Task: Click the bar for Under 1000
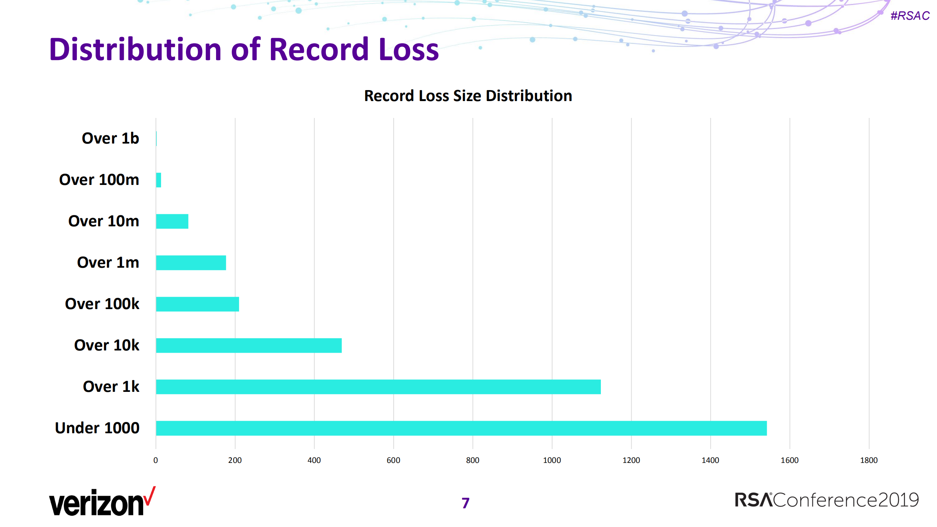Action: coord(461,428)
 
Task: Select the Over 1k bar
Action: coord(378,387)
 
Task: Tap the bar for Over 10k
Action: coord(249,345)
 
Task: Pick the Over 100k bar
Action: coord(197,304)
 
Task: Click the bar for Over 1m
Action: coord(191,263)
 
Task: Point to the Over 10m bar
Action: coord(172,221)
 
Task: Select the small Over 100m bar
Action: coord(159,180)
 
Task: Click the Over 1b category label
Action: coord(110,138)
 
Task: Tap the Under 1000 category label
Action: coord(97,428)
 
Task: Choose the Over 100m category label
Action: coord(99,180)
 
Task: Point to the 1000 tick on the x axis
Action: coord(552,460)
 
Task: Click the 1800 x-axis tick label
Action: coord(869,460)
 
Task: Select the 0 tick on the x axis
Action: coord(156,460)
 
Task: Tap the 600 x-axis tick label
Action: coord(393,460)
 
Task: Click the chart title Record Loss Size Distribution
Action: coord(468,96)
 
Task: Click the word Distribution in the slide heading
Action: coord(135,49)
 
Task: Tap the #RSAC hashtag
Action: coord(910,16)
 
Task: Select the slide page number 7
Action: coord(465,503)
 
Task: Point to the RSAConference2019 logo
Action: coord(827,500)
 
